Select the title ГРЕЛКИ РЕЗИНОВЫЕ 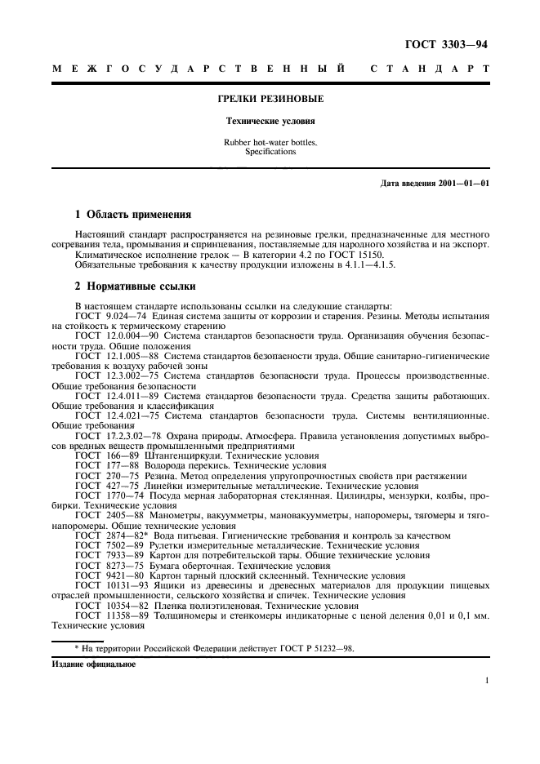click(270, 99)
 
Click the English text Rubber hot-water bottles click(270, 142)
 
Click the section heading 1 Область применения click(133, 215)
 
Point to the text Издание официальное click(94, 664)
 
